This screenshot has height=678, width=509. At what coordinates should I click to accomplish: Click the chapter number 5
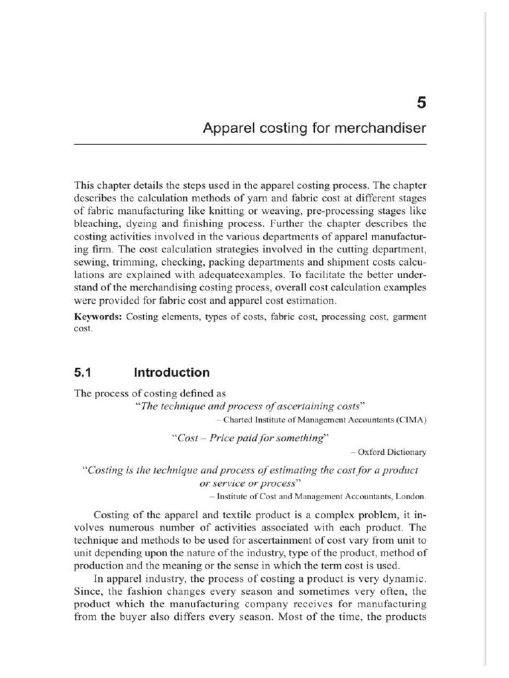point(421,102)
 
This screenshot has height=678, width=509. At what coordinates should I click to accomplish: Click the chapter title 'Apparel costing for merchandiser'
point(314,128)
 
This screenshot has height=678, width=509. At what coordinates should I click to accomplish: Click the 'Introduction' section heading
point(172,372)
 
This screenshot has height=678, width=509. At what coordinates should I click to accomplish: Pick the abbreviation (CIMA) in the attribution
point(412,420)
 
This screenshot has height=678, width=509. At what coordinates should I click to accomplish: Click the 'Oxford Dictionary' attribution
point(392,452)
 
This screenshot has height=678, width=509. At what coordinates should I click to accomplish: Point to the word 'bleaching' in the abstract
point(97,223)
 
